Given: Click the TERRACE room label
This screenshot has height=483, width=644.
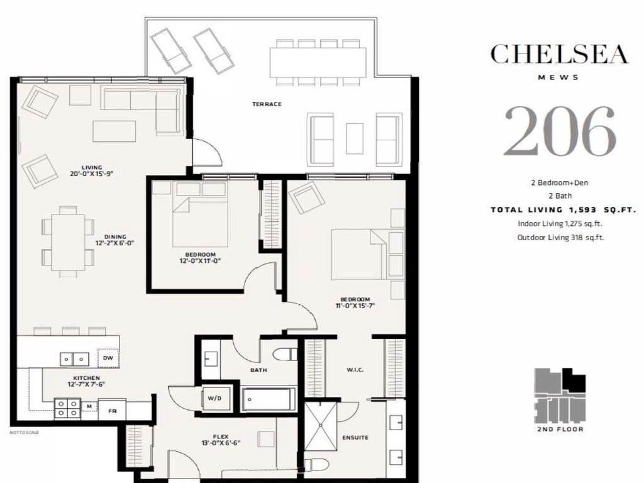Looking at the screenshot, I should tap(268, 104).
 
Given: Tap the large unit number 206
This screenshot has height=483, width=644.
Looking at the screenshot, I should tap(559, 132).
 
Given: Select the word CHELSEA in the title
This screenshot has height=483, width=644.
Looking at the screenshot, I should tap(559, 54).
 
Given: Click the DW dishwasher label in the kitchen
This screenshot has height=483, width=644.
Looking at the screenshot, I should tap(108, 358).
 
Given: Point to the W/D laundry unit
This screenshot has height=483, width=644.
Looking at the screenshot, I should tap(213, 397).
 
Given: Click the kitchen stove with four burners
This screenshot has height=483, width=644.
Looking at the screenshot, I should tap(67, 409).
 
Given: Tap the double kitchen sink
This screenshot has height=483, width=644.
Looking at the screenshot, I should tap(74, 358).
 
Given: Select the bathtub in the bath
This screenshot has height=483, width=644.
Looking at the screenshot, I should tap(269, 399).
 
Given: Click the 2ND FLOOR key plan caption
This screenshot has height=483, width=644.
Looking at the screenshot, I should tap(560, 430).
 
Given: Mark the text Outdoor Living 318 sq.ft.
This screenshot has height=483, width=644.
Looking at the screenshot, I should tap(560, 238).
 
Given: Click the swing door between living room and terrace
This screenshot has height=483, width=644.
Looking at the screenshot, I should tap(205, 152).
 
